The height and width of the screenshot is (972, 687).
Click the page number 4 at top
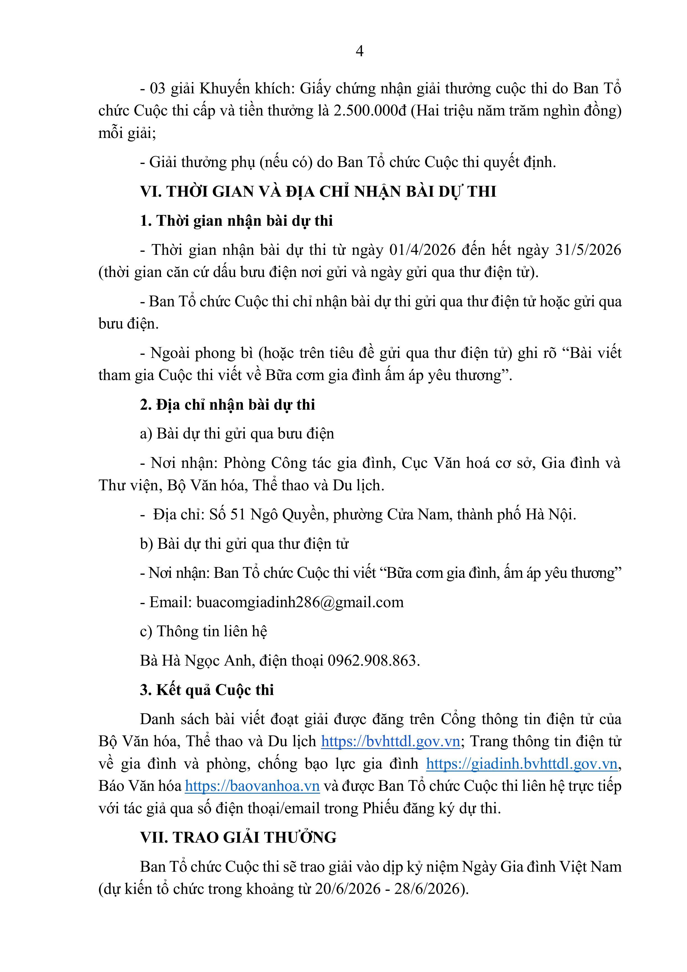tap(359, 51)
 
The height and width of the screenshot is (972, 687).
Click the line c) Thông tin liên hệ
tap(203, 631)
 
